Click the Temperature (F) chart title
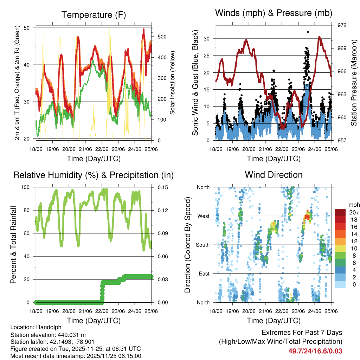click(x=93, y=15)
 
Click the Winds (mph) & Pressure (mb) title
click(x=274, y=13)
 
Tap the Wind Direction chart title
click(x=274, y=175)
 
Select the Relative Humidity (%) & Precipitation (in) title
click(x=93, y=175)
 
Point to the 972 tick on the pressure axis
click(x=342, y=25)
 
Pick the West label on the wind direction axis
click(x=203, y=216)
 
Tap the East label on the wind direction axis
click(x=204, y=274)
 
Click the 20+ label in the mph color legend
click(x=353, y=212)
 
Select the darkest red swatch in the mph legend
click(x=340, y=212)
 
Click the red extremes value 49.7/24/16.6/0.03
click(x=315, y=351)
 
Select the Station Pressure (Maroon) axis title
click(x=354, y=83)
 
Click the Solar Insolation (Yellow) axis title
click(x=172, y=83)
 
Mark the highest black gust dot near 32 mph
click(x=308, y=32)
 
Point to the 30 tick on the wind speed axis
click(x=207, y=39)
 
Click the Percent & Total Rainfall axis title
click(x=13, y=245)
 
